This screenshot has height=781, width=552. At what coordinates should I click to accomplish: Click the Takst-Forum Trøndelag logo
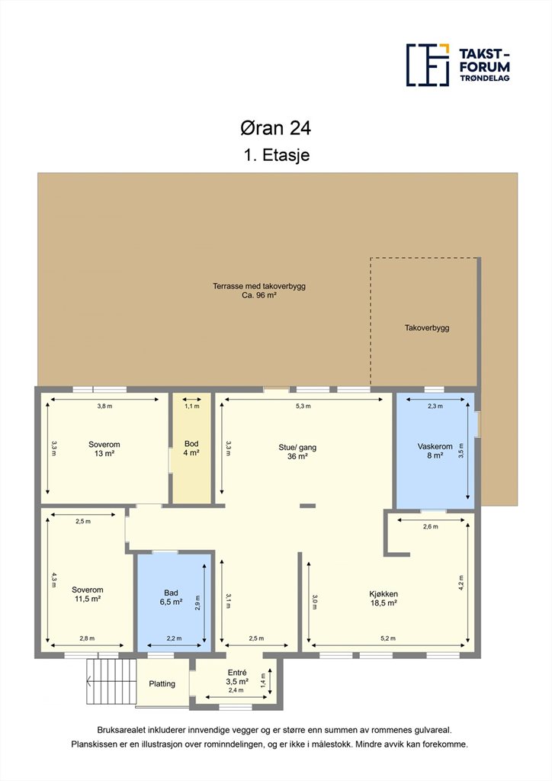click(x=458, y=65)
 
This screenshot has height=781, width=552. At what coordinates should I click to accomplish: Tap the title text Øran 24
click(x=275, y=128)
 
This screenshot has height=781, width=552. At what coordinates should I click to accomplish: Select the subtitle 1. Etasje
click(x=277, y=155)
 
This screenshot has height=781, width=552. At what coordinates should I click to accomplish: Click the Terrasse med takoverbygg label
click(x=258, y=291)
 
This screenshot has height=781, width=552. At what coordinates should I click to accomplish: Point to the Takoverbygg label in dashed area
click(x=426, y=328)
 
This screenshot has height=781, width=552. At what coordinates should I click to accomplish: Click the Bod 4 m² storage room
click(x=191, y=448)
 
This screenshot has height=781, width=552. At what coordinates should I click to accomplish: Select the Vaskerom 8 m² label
click(x=435, y=451)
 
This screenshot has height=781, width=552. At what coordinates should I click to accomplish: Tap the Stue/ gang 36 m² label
click(x=297, y=452)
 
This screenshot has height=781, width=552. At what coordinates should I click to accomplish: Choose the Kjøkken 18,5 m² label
click(x=384, y=598)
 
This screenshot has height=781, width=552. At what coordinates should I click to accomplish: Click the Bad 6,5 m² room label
click(x=171, y=597)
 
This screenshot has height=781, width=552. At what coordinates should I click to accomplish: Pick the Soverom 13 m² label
click(x=104, y=448)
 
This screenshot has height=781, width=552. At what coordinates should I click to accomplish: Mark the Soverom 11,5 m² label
click(x=88, y=594)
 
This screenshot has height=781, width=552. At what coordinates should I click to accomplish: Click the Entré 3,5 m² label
click(x=237, y=677)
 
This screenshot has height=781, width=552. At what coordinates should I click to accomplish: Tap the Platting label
click(x=162, y=684)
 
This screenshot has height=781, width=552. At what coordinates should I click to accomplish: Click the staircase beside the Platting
click(x=111, y=681)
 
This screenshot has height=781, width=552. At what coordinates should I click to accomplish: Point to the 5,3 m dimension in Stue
click(x=303, y=406)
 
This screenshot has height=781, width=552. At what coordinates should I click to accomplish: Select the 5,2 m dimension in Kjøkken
click(x=388, y=638)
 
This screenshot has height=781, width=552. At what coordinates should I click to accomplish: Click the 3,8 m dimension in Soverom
click(x=104, y=406)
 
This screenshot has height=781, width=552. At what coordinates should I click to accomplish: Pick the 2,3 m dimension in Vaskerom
click(x=435, y=406)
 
